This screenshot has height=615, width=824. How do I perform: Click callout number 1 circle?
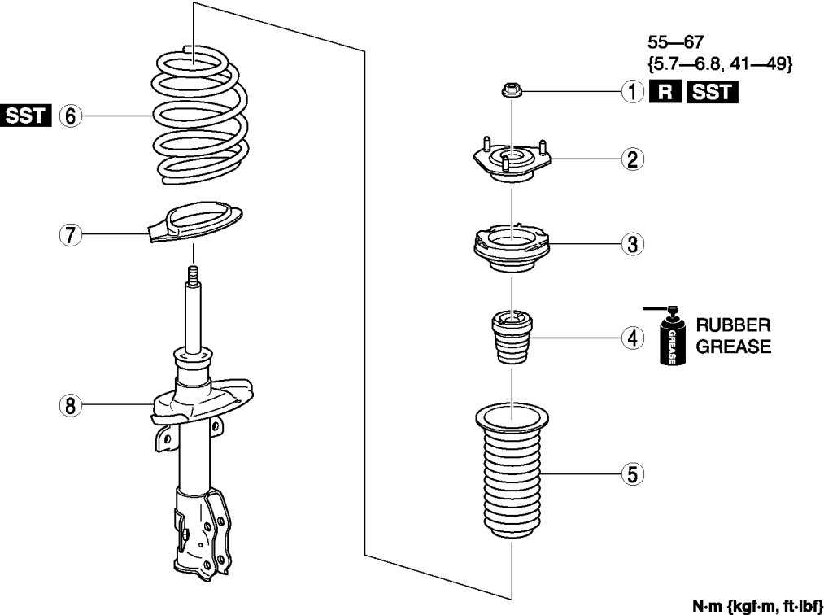tap(630, 93)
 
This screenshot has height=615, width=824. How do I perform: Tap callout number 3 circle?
tap(630, 242)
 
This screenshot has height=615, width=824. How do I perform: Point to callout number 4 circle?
tap(630, 337)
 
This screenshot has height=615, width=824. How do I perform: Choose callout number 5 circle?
tap(630, 473)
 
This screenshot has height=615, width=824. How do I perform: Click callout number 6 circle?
tap(70, 116)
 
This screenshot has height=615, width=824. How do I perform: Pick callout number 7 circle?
tap(70, 235)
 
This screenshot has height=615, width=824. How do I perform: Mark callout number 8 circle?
tap(70, 404)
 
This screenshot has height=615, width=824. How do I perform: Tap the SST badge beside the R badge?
tap(711, 93)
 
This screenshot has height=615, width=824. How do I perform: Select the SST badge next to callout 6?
tap(26, 116)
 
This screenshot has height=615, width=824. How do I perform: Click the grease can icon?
tap(671, 340)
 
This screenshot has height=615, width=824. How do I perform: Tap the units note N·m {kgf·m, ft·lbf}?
tap(757, 606)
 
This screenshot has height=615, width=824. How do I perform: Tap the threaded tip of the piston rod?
tap(194, 274)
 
